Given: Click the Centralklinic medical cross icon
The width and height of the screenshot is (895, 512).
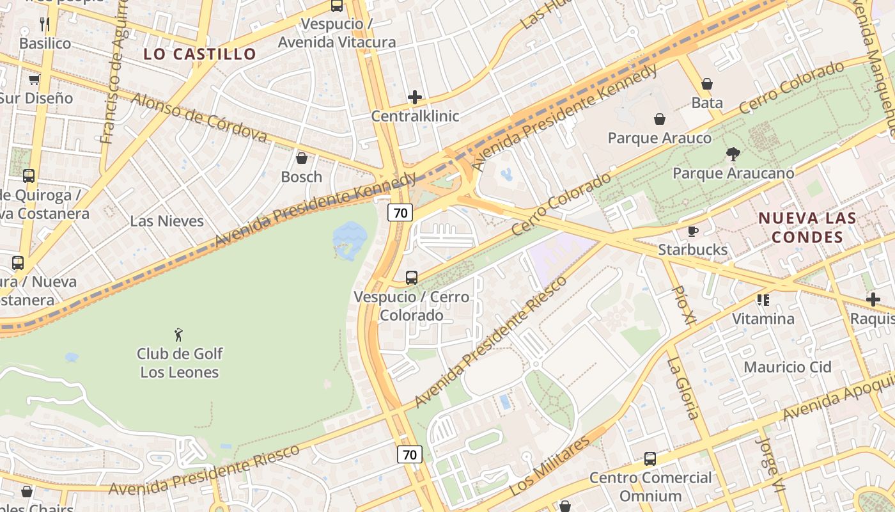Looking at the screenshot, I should [x=415, y=97].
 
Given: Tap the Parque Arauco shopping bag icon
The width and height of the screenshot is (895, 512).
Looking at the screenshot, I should [x=660, y=119].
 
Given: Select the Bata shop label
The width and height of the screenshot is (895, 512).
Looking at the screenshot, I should [x=707, y=102].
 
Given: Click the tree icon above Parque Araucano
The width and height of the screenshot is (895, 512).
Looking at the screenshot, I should [x=733, y=154].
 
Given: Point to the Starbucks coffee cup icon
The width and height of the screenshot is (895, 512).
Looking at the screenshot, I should [x=693, y=231].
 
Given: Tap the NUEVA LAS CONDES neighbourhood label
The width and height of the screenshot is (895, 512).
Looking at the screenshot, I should [x=807, y=227].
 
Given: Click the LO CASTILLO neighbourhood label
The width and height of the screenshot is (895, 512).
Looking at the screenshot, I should [x=199, y=54].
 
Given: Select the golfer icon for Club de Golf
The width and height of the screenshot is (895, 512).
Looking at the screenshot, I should [x=179, y=334].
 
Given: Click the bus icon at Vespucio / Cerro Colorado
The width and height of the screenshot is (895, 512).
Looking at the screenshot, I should [x=412, y=278].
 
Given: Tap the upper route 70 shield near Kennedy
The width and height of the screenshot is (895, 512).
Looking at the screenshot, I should [x=400, y=212].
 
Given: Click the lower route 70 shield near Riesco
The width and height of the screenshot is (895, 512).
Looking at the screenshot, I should [x=410, y=454].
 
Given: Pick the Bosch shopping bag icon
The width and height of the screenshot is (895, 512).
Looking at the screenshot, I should [x=302, y=158].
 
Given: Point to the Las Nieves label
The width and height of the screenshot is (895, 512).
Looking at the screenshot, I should [x=167, y=221].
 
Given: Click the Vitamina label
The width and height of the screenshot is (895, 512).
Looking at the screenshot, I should [x=763, y=319].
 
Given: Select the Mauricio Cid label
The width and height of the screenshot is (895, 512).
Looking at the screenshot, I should [x=787, y=367].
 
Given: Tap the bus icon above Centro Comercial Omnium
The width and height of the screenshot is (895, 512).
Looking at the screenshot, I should [x=650, y=458].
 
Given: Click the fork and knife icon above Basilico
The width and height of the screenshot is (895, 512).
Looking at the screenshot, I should [x=45, y=24].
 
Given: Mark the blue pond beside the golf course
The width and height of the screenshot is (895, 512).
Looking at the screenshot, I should [x=350, y=241].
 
